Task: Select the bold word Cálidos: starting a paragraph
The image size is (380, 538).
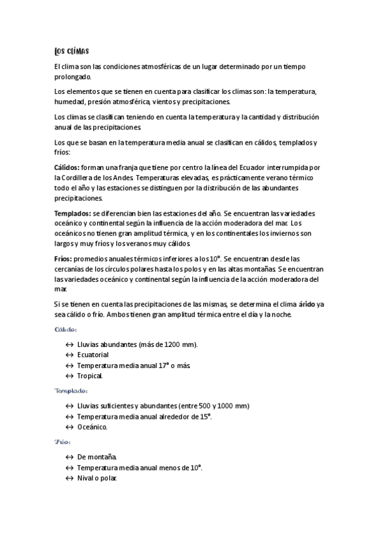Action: click(x=68, y=167)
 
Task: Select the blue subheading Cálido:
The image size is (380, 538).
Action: click(x=66, y=329)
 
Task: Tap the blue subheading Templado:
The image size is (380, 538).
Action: click(x=71, y=391)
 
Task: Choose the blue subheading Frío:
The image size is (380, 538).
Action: click(x=62, y=442)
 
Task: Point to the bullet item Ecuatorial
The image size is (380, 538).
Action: click(x=93, y=355)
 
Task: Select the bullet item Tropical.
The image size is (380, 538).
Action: click(x=89, y=376)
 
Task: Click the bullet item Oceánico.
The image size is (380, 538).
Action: click(x=92, y=427)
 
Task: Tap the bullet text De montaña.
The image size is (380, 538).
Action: click(x=96, y=457)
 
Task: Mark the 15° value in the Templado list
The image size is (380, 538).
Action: click(x=204, y=417)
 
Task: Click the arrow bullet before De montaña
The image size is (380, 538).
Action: click(x=69, y=457)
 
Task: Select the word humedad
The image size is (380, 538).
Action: click(x=70, y=102)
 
